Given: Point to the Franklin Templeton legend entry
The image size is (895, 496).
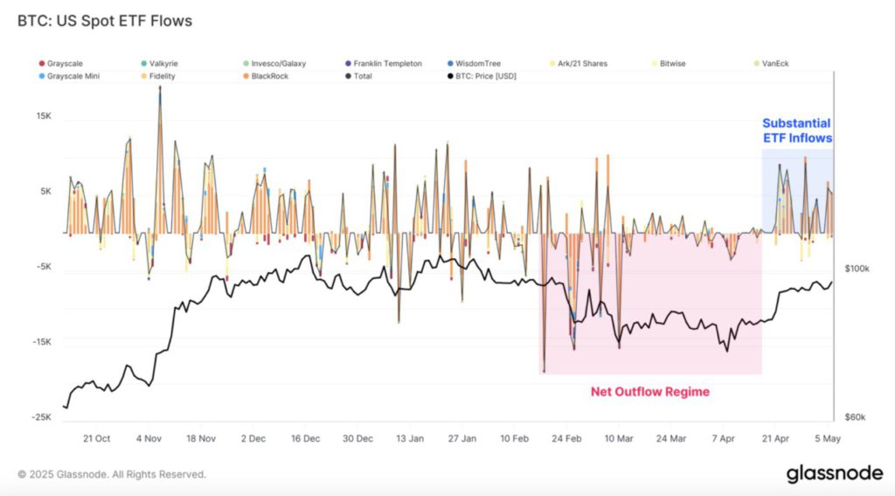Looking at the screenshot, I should click(387, 64).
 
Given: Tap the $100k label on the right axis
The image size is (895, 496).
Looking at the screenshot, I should click(856, 268).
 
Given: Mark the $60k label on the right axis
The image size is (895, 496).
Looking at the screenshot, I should click(854, 417).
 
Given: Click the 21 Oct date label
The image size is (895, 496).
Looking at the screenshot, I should click(96, 437).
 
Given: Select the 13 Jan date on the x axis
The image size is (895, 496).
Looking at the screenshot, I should click(410, 437).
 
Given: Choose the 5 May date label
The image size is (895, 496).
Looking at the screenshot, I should click(827, 437).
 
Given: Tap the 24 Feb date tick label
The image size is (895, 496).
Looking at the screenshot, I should click(567, 437).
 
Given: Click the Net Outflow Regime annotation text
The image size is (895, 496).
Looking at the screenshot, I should click(650, 392).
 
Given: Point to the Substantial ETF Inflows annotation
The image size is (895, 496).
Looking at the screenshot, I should click(796, 130).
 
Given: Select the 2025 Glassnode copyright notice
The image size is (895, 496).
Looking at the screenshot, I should click(112, 474).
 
